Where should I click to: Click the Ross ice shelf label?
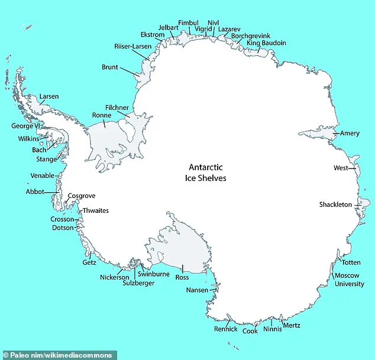coord(182,277)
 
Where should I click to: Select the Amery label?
coord(350,134)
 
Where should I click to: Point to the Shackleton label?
coord(335,205)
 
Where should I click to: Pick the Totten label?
coord(351,262)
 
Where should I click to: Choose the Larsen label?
coord(49,96)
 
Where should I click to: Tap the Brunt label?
coord(111,67)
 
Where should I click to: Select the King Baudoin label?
coord(266,43)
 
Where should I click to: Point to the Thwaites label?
coord(95,211)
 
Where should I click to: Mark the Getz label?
coord(89,262)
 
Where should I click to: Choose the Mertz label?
coord(292,325)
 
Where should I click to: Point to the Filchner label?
coord(117,108)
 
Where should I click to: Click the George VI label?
coord(24,126)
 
